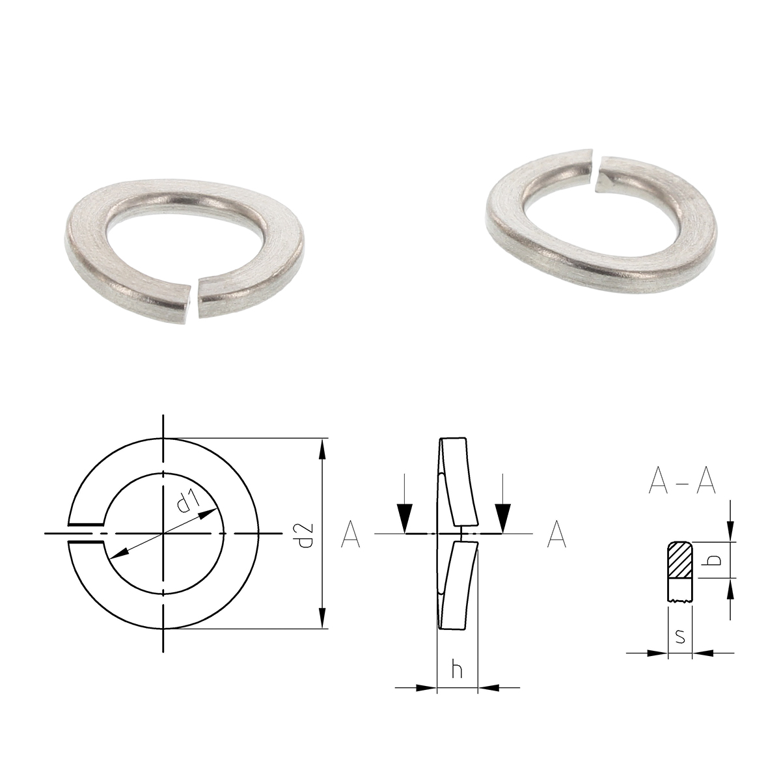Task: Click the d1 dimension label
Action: pyautogui.click(x=187, y=502)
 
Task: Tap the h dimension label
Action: pyautogui.click(x=458, y=670)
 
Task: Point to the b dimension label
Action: pyautogui.click(x=713, y=560)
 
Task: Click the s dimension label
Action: pyautogui.click(x=680, y=637)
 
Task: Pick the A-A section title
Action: pyautogui.click(x=682, y=482)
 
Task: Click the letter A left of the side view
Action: pyautogui.click(x=350, y=534)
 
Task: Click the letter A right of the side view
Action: pyautogui.click(x=556, y=534)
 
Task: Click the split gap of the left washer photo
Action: pyautogui.click(x=196, y=299)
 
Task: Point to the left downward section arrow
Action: pyautogui.click(x=405, y=517)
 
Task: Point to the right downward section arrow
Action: pyautogui.click(x=502, y=517)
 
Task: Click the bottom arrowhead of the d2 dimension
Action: pyautogui.click(x=322, y=619)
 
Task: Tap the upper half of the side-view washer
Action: pyautogui.click(x=459, y=482)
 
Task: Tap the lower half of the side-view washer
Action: pyautogui.click(x=458, y=586)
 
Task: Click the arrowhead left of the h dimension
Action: pyautogui.click(x=426, y=687)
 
